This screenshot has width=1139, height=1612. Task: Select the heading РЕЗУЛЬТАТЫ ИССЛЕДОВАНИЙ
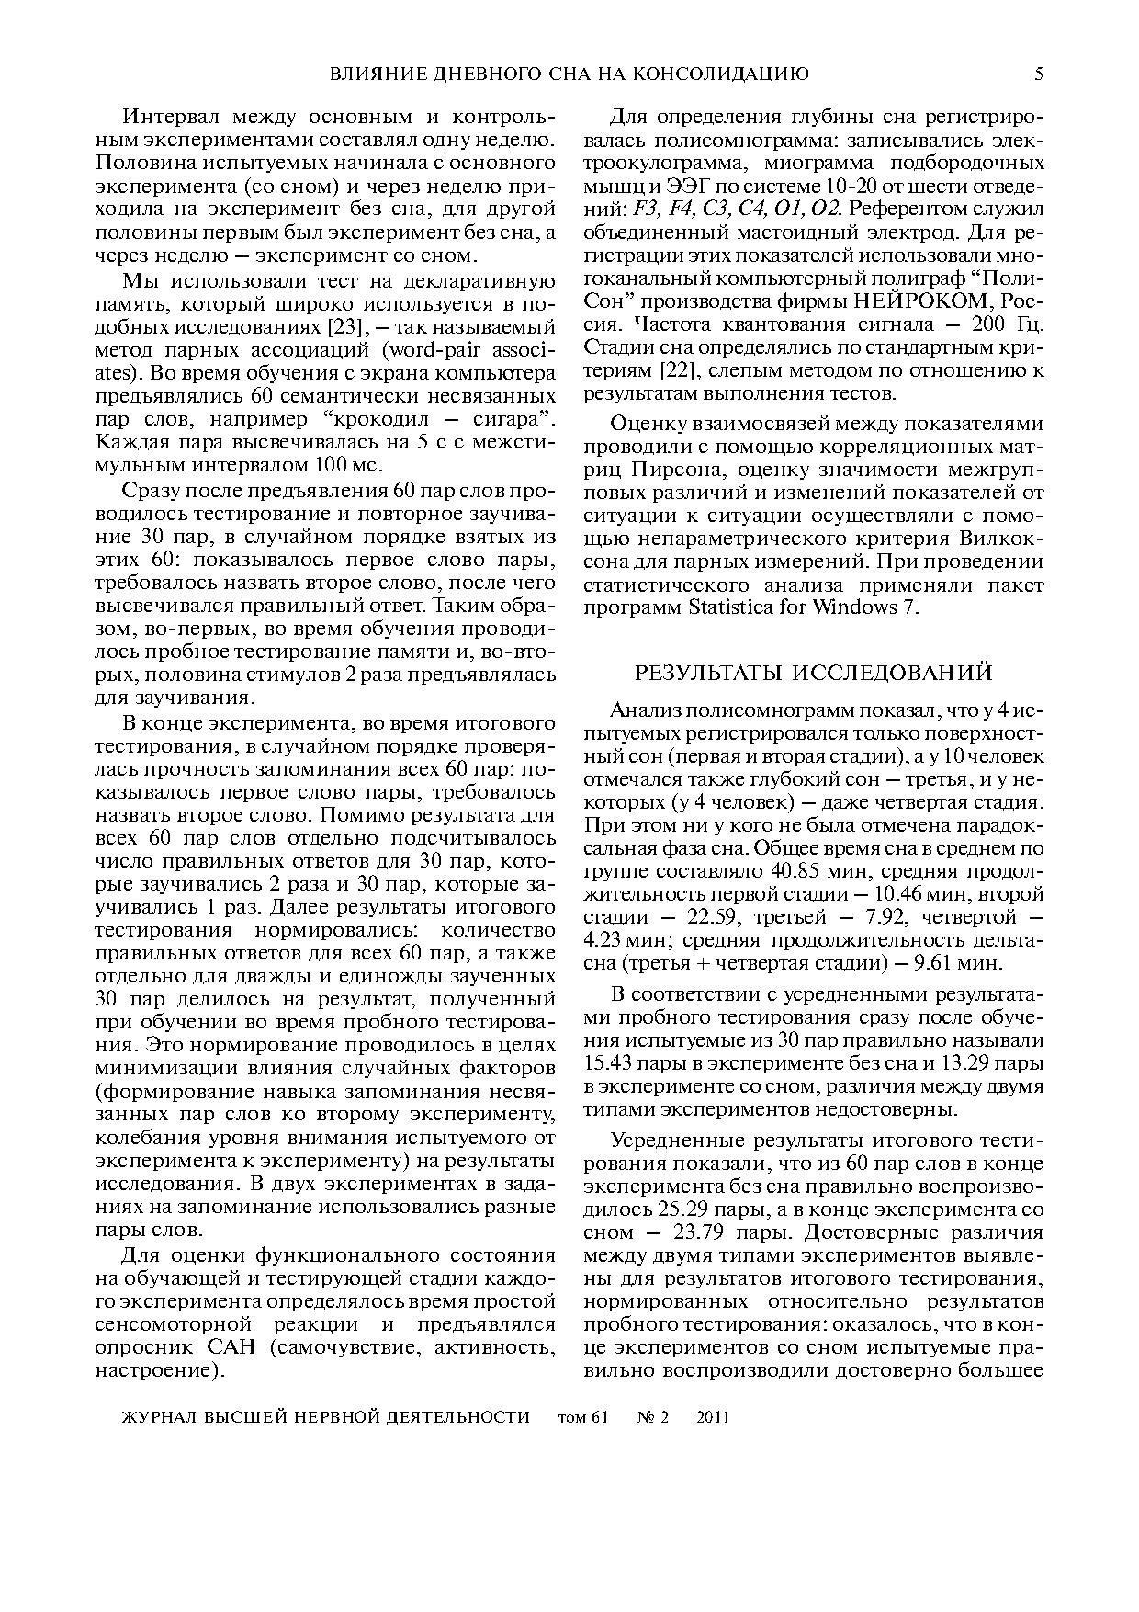point(814,673)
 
